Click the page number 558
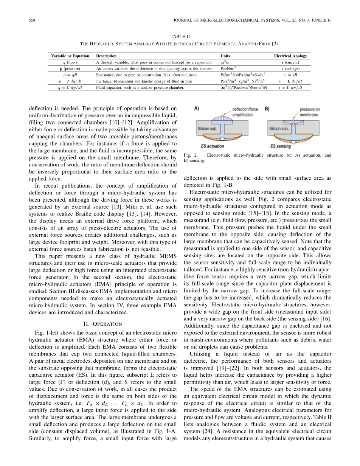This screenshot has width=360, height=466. point(32,20)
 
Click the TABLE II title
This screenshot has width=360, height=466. point(180,37)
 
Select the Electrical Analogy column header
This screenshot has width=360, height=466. point(290,56)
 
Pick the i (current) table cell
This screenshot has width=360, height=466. point(290,62)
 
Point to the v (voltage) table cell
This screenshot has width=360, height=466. point(290,68)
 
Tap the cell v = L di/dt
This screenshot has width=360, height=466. point(290,81)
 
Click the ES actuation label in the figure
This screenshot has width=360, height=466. point(213,146)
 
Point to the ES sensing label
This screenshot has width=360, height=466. point(281,146)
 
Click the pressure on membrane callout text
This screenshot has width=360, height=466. point(309,112)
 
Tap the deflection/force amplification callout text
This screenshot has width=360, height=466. point(245,112)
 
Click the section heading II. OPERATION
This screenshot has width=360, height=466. point(102,324)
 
